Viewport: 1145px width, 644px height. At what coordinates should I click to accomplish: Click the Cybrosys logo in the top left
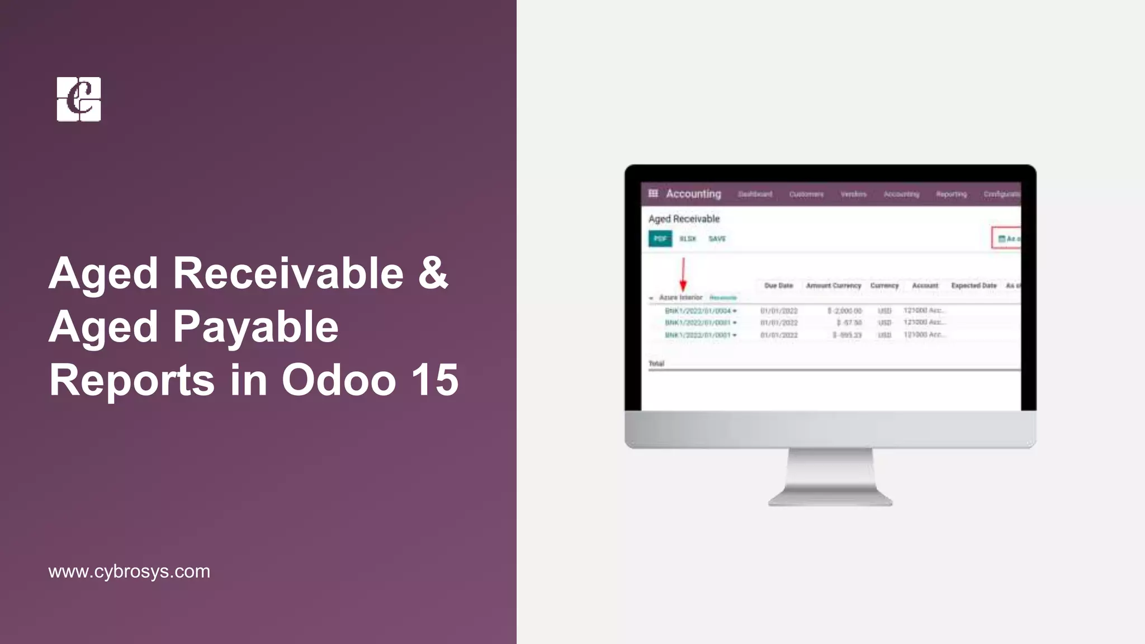(79, 99)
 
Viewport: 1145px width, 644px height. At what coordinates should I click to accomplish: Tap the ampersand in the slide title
(433, 273)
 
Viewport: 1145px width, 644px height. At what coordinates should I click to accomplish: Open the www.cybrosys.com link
(129, 571)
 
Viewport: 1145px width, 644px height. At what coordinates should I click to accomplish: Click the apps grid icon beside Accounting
(653, 193)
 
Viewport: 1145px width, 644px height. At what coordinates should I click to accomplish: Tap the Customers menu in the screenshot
(806, 194)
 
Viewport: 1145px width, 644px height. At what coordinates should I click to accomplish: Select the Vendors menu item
(853, 194)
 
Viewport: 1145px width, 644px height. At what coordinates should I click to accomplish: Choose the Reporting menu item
(951, 194)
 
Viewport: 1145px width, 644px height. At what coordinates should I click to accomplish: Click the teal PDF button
(660, 239)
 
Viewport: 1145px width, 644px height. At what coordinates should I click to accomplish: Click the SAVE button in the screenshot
(717, 239)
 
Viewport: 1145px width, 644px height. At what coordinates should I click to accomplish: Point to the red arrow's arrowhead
(683, 286)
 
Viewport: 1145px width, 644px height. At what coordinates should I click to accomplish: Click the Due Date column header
(778, 286)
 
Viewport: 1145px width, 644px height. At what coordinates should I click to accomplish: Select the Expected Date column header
(973, 286)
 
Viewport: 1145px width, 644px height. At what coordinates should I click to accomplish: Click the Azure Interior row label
(680, 297)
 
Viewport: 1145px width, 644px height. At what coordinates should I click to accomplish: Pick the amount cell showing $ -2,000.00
(844, 311)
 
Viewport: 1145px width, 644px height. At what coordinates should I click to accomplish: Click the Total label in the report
(656, 363)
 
